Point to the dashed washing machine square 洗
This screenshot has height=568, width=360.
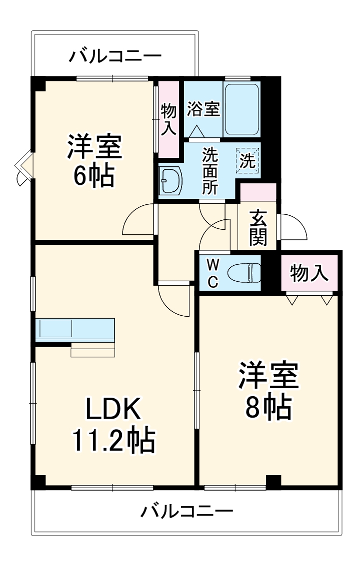[x=248, y=160]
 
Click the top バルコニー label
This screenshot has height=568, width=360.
[x=115, y=55]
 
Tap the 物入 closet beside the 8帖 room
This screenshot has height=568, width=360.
[x=309, y=273]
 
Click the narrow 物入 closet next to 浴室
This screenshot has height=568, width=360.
[x=168, y=118]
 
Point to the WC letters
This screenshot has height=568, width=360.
[x=212, y=273]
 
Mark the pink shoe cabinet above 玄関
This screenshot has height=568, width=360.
[x=258, y=192]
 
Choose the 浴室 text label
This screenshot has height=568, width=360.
[x=203, y=109]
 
